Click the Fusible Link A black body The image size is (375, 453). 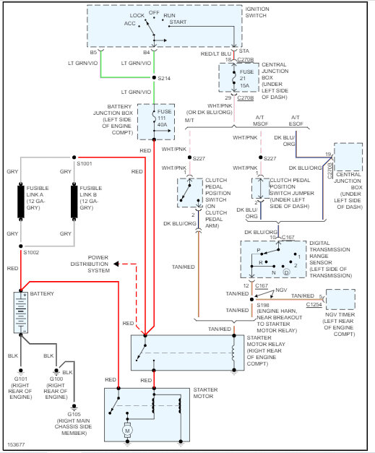[21, 202]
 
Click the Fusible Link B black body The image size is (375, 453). [74, 202]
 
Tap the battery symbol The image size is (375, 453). [21, 312]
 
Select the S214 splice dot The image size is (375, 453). [154, 77]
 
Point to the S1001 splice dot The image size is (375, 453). [74, 158]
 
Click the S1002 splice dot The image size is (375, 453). [21, 246]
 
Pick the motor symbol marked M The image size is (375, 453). [127, 431]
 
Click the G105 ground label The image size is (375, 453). [74, 414]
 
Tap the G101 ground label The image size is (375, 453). [20, 379]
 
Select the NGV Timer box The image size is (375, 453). [340, 299]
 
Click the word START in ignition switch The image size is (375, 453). [178, 22]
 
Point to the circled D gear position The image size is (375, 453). [286, 272]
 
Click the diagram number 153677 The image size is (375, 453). [16, 444]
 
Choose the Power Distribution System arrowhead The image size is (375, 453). [116, 264]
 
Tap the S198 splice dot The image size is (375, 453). [251, 300]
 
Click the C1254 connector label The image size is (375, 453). [314, 304]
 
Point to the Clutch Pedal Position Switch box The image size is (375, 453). [190, 193]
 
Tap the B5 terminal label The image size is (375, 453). [93, 52]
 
